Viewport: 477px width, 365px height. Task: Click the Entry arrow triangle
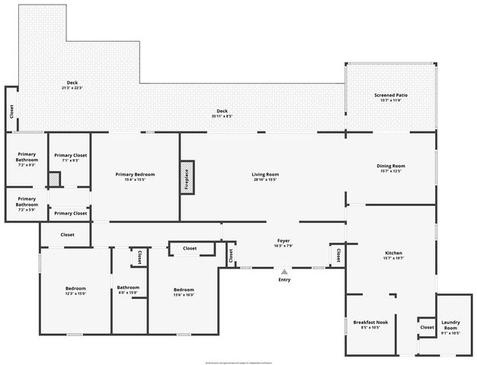284,271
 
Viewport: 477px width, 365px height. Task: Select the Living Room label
265,176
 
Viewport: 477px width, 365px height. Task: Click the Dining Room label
390,167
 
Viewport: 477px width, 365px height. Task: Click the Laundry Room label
450,329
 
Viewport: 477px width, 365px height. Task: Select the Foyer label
283,243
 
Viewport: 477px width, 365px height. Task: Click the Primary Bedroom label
135,176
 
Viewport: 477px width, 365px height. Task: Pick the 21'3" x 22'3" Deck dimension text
72,88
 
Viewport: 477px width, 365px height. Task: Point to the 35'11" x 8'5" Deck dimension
222,116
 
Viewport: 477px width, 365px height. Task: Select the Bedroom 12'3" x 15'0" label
75,290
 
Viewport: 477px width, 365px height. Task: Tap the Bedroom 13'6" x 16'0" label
184,291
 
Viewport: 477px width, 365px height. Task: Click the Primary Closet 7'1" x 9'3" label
69,157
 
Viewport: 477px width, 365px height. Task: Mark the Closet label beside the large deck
12,111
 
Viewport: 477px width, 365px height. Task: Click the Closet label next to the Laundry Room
426,328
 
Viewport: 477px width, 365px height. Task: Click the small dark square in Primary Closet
54,179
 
